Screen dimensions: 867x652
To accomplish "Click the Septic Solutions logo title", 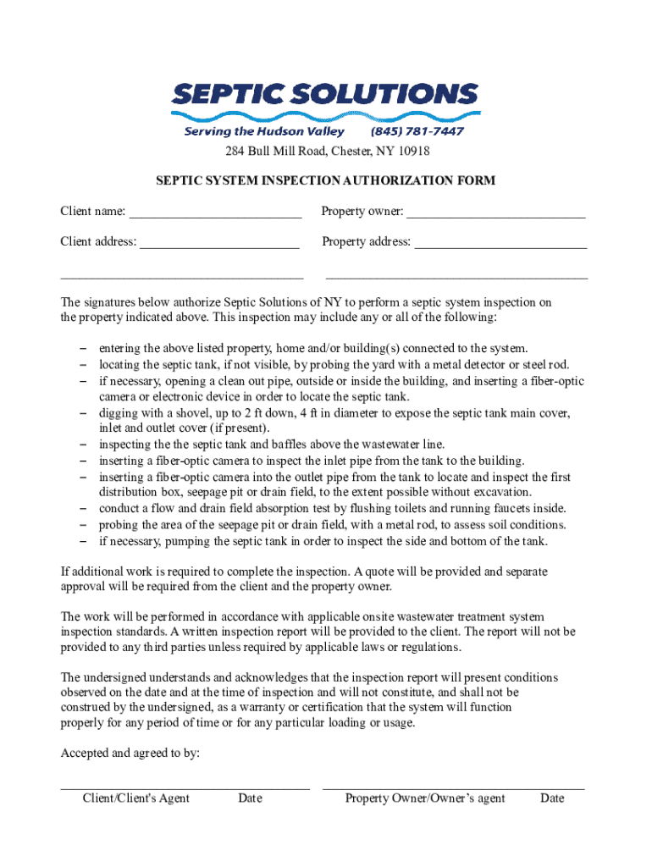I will (x=325, y=95).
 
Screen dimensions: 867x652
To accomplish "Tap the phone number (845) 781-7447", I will (x=417, y=132).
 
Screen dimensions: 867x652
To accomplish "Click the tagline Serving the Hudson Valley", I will (x=264, y=132).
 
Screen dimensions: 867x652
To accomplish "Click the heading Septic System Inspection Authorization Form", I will (x=325, y=180).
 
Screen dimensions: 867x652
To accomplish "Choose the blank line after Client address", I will (x=219, y=243).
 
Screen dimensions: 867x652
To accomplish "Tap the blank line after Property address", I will (x=500, y=243).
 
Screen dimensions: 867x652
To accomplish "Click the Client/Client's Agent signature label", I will (x=135, y=798).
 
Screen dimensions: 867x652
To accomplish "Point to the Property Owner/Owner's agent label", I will (x=425, y=798).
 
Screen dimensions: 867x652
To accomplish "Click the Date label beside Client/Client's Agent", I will (x=250, y=798).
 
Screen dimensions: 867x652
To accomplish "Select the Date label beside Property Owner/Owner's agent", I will (x=552, y=798).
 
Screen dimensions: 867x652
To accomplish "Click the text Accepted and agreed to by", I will (x=130, y=753).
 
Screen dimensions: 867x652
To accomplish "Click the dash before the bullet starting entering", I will (x=84, y=349).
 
